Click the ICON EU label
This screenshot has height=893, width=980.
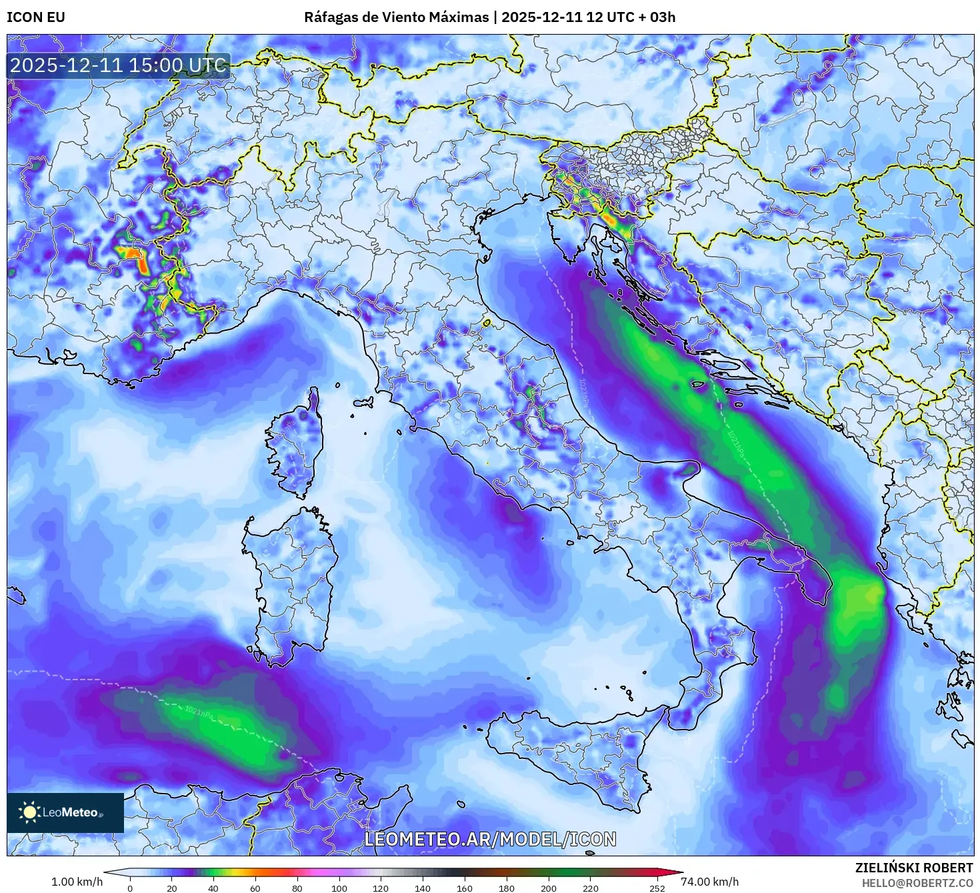point(36,17)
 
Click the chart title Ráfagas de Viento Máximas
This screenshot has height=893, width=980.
point(396,17)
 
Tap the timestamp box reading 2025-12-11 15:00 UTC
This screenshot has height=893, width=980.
point(118,65)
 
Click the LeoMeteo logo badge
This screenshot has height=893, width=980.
point(65,812)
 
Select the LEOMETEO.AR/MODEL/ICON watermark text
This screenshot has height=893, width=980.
point(490,839)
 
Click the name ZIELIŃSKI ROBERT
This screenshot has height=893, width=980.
point(913,867)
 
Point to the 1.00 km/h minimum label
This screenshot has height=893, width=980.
point(77,882)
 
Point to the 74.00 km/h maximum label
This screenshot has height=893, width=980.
point(709,882)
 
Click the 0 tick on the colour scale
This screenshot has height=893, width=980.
point(130,888)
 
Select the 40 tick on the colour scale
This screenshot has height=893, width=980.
point(213,888)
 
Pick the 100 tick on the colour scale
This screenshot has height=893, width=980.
point(339,888)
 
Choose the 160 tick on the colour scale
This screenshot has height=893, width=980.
point(465,888)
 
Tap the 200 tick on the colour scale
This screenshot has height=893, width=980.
point(549,888)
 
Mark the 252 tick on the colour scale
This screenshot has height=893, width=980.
point(657,888)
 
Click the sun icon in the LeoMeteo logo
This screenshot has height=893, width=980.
point(29,812)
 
